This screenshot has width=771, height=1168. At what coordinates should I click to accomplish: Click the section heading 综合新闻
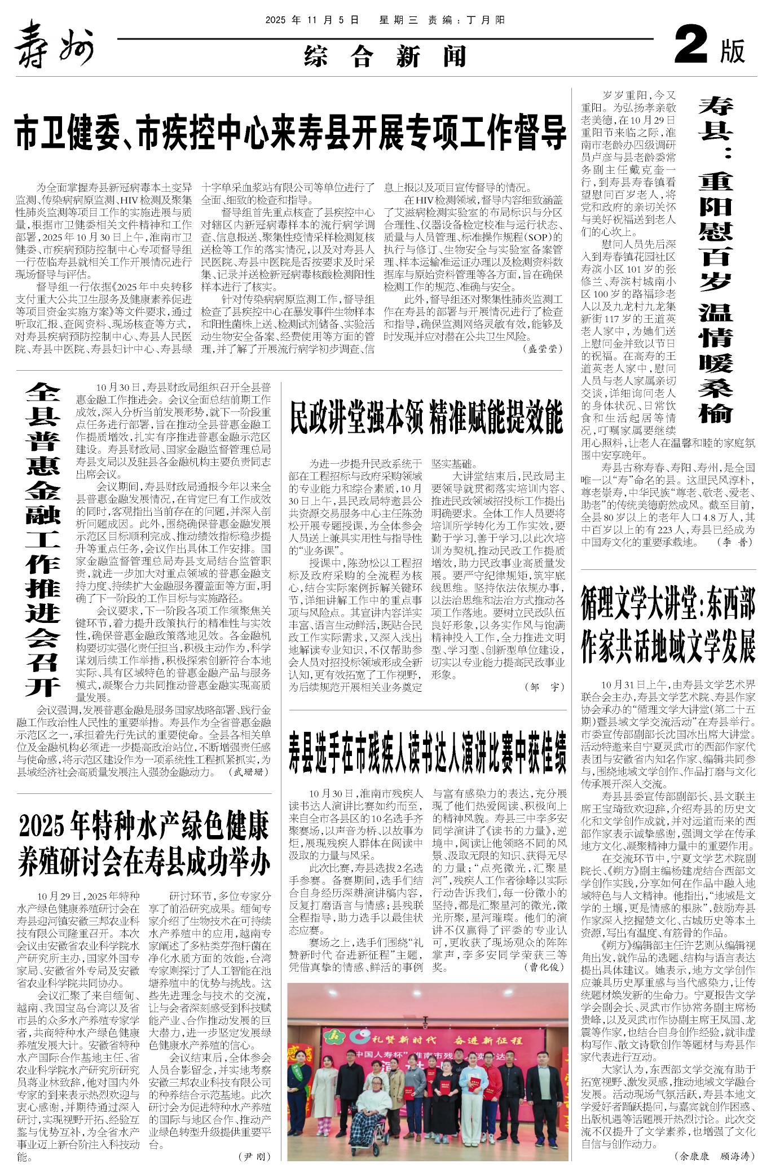[x=385, y=56]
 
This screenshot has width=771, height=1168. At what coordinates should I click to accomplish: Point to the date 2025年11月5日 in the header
[x=312, y=20]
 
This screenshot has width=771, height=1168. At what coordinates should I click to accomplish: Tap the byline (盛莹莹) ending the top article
[x=543, y=349]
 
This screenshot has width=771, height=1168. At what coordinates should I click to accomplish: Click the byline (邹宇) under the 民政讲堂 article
[x=544, y=687]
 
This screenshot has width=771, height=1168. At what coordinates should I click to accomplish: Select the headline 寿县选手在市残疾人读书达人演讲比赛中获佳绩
[x=428, y=752]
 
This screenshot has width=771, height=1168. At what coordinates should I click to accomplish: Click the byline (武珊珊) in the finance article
[x=251, y=772]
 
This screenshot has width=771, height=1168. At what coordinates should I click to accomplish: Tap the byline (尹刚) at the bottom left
[x=255, y=1156]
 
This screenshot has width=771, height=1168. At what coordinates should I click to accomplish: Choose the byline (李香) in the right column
[x=734, y=542]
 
